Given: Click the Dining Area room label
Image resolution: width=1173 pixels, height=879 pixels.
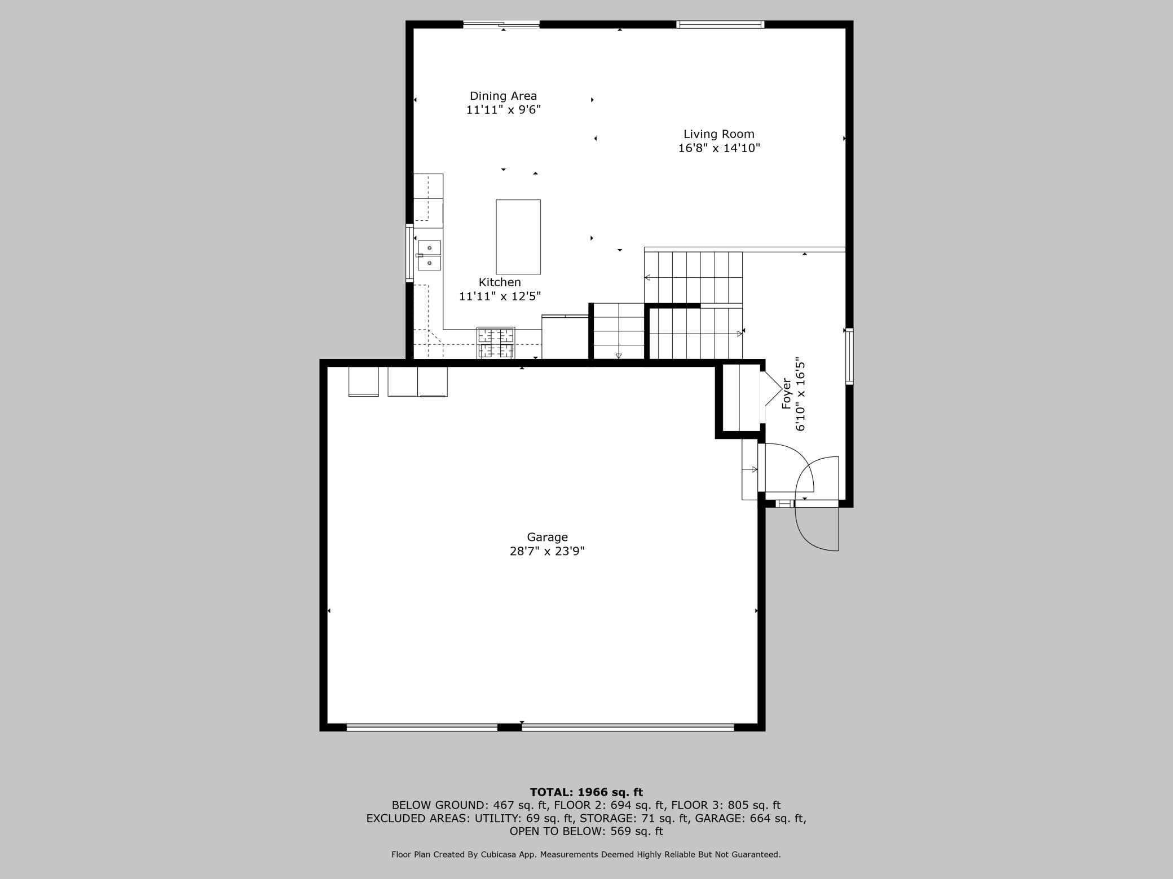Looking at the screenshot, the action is [503, 96].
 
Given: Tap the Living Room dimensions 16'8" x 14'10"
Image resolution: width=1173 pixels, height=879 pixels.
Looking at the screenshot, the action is [719, 148].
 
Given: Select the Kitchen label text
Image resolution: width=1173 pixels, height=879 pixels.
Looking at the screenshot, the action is [500, 282].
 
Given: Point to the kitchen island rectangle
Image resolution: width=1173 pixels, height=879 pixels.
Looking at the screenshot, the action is [518, 237].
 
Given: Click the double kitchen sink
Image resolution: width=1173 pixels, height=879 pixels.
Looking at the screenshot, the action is [429, 255].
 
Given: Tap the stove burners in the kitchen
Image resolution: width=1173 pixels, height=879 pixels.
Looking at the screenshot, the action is [496, 343].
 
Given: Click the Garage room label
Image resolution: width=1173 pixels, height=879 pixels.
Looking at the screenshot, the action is [547, 538].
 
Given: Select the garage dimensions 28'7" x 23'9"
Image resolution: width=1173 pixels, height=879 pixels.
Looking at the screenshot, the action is [547, 551].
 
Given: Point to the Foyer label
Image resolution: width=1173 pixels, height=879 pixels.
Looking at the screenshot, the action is [787, 393].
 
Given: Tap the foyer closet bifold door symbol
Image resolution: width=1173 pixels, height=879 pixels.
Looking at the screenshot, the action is [771, 389].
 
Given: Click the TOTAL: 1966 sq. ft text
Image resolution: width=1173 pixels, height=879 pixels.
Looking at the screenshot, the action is [586, 792].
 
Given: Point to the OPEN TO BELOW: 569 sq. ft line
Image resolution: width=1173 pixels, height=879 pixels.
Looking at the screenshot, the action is [586, 831].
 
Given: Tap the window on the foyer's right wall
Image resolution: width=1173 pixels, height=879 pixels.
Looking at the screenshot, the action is [849, 357].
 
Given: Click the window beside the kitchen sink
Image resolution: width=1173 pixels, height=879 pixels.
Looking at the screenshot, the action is [409, 253].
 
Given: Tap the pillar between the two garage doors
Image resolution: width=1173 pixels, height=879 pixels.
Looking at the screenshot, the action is [509, 727].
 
